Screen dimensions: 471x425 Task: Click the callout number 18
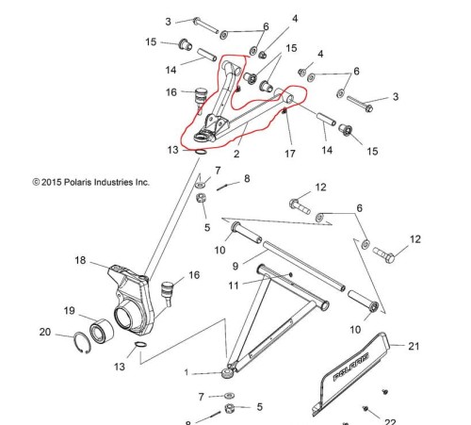click(x=80, y=260)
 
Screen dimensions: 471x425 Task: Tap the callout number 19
click(x=70, y=311)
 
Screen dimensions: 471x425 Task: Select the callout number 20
click(x=45, y=332)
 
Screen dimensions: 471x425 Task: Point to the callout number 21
click(x=414, y=346)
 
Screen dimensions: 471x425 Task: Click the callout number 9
click(x=235, y=267)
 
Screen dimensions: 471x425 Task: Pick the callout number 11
click(x=234, y=286)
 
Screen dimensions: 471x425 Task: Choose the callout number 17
click(x=290, y=154)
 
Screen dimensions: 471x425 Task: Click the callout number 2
click(x=236, y=154)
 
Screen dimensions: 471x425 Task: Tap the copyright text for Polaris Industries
click(x=90, y=182)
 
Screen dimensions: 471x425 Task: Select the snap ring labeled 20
click(x=82, y=342)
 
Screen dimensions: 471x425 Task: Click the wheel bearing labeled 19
click(x=102, y=331)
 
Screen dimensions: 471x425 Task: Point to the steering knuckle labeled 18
click(x=132, y=299)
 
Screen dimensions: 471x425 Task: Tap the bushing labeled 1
click(x=227, y=373)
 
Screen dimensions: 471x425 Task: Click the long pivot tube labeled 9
click(x=304, y=267)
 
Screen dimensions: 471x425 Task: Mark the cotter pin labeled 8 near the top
click(x=224, y=187)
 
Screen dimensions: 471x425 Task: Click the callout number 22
click(x=390, y=421)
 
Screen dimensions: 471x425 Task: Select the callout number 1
click(x=187, y=373)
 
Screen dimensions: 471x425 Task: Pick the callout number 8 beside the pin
click(x=247, y=179)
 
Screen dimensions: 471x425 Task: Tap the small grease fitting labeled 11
click(x=290, y=275)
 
